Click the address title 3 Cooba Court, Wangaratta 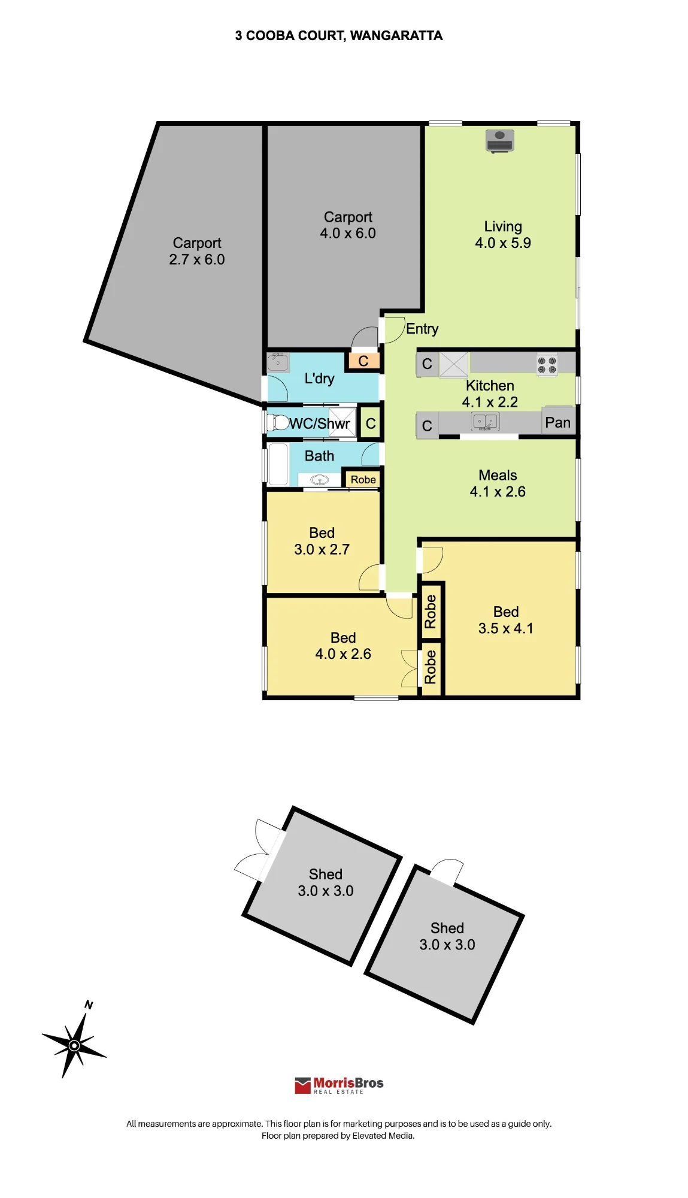338,36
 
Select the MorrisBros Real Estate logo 339,1085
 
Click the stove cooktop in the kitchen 547,365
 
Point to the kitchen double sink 486,422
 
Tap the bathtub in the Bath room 278,464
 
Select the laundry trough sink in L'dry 278,362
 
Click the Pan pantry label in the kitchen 557,423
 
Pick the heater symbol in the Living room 499,141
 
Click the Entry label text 422,329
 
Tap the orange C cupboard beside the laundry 363,361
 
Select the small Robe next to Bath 363,479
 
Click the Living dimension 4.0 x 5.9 503,243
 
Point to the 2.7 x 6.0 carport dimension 197,259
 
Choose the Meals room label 498,475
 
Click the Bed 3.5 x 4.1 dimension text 506,628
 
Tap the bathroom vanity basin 319,480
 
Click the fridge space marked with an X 454,364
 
